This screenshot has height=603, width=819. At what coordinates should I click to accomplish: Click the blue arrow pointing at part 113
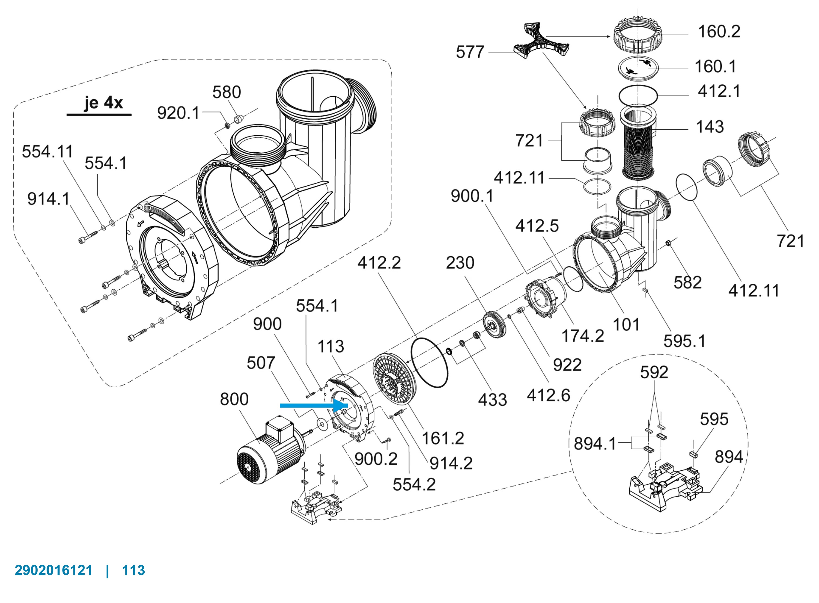point(313,405)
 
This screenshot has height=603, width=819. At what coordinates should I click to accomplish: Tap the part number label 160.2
point(719,31)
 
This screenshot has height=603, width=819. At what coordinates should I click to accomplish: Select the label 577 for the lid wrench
point(470,52)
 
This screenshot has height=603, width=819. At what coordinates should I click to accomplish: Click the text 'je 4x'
point(103,103)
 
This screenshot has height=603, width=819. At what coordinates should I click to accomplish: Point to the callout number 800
point(234,399)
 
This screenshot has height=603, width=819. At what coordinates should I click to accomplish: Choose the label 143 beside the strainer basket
point(709,127)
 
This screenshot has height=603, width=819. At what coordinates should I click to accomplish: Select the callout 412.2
point(379,263)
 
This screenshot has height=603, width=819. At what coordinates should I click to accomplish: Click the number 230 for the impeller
point(460,263)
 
